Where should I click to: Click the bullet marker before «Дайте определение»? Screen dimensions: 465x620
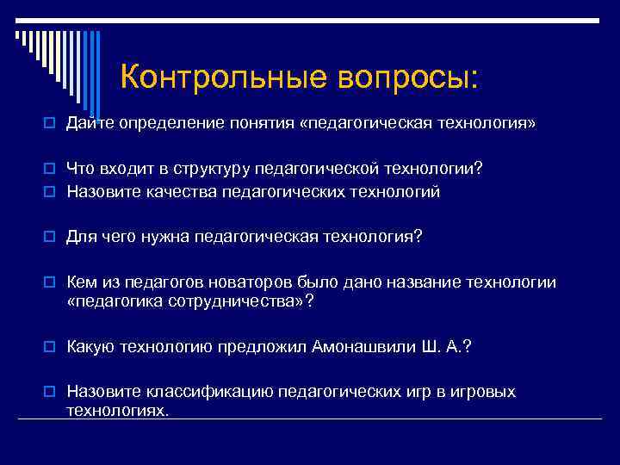tap(53, 124)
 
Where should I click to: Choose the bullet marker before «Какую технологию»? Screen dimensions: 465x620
tap(53, 347)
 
